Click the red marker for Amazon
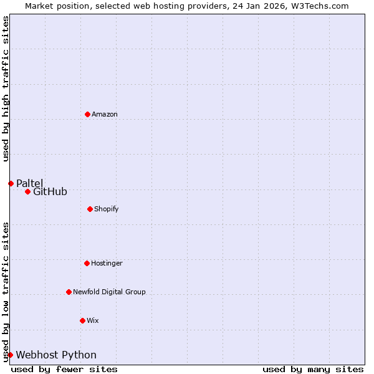tap(87, 114)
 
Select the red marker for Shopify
tap(90, 209)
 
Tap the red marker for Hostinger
tap(87, 263)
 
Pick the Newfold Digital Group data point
tap(69, 292)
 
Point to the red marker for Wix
tap(82, 320)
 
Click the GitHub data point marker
tap(27, 191)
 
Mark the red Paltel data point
tap(11, 183)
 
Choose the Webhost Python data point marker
tap(10, 355)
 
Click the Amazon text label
tap(105, 114)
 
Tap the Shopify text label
tap(107, 209)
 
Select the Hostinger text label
tap(107, 263)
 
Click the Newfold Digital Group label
tap(109, 292)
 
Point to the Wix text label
tap(93, 320)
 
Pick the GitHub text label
tap(50, 192)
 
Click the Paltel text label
tap(30, 183)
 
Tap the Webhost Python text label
tap(56, 355)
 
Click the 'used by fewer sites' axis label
tap(64, 369)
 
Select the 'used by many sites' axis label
tap(313, 369)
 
